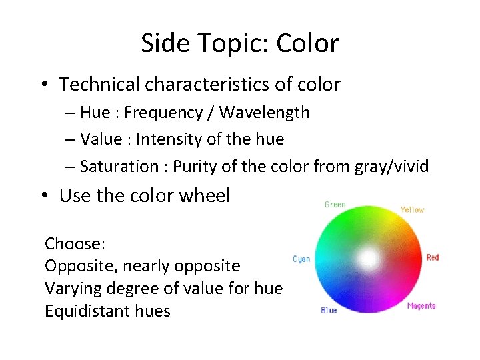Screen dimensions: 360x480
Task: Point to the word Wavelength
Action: [x=264, y=113]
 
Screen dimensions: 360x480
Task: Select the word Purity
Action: [x=194, y=167]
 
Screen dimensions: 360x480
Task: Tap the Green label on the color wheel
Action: [x=335, y=205]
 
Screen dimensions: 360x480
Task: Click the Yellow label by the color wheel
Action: [x=412, y=210]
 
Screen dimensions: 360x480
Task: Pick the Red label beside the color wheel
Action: [x=433, y=257]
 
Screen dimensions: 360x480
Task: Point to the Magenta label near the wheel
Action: [x=421, y=306]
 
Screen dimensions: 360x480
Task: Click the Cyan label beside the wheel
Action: [x=301, y=259]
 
